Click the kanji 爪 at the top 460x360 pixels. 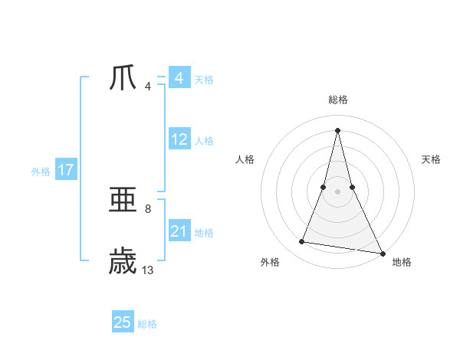(123, 77)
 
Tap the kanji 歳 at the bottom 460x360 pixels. (123, 260)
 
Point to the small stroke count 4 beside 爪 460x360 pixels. (147, 86)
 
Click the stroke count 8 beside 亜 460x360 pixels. (147, 208)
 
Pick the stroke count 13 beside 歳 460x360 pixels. (148, 270)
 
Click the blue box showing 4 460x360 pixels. (179, 78)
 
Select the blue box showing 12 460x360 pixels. (179, 139)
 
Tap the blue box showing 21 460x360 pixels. (179, 231)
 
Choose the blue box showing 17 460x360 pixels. (66, 170)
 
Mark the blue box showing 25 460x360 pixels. (123, 322)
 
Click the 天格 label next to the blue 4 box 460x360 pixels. (204, 80)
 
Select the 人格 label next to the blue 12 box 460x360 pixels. (204, 141)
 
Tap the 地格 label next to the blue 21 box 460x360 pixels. (204, 233)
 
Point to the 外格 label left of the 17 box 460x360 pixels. (41, 172)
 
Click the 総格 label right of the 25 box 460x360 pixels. (147, 324)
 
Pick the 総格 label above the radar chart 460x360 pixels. (337, 100)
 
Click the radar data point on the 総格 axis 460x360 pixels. (337, 129)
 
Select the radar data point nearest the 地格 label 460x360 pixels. (382, 253)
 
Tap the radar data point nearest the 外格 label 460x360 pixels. (302, 242)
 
